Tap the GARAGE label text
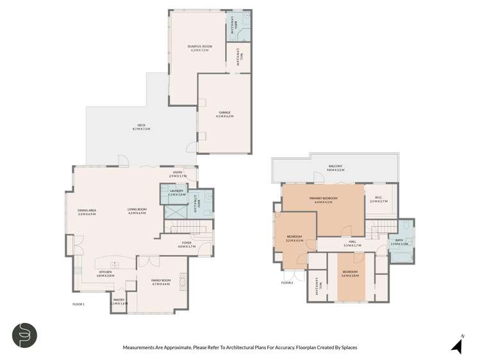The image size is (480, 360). [224, 113]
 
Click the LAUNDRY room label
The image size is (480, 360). [176, 191]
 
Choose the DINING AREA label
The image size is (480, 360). [87, 210]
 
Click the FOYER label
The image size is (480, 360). [186, 243]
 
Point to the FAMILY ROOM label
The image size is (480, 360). [160, 280]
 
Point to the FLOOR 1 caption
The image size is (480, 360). [79, 304]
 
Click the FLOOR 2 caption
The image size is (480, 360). [286, 282]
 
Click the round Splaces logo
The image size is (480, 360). [24, 335]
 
